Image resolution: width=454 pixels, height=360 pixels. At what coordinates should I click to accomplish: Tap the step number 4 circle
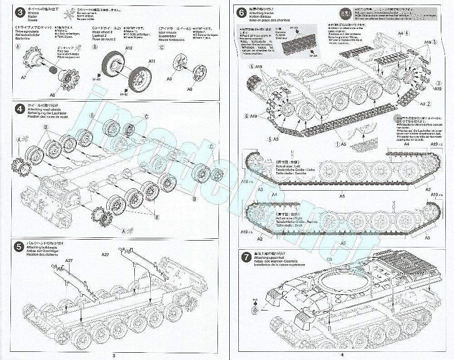coord(19,109)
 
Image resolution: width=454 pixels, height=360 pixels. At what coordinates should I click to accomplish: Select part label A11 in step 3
coord(151,61)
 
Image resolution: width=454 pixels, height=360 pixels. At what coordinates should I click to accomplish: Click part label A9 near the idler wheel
coord(169,79)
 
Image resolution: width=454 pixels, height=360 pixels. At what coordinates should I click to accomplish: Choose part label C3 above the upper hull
coord(329,259)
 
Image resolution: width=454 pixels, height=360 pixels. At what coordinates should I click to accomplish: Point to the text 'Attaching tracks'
coord(263,15)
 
